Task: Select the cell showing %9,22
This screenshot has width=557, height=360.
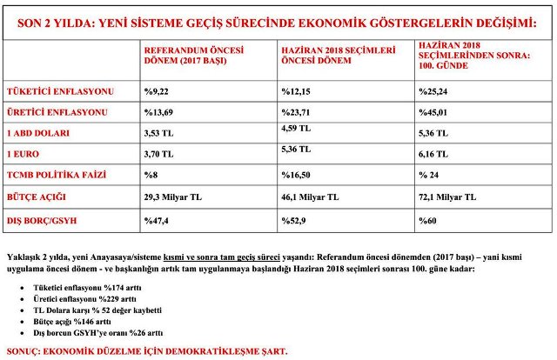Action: [157, 90]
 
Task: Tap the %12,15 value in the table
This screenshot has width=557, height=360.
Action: [297, 90]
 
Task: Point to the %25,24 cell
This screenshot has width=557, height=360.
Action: [433, 90]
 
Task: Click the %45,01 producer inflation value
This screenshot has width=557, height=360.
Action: [433, 113]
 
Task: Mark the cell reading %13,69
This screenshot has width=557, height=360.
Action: [159, 113]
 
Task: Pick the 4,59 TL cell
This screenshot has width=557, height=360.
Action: [297, 129]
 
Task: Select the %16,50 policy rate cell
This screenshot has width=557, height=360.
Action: [297, 176]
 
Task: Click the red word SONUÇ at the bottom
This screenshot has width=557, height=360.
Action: [23, 350]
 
